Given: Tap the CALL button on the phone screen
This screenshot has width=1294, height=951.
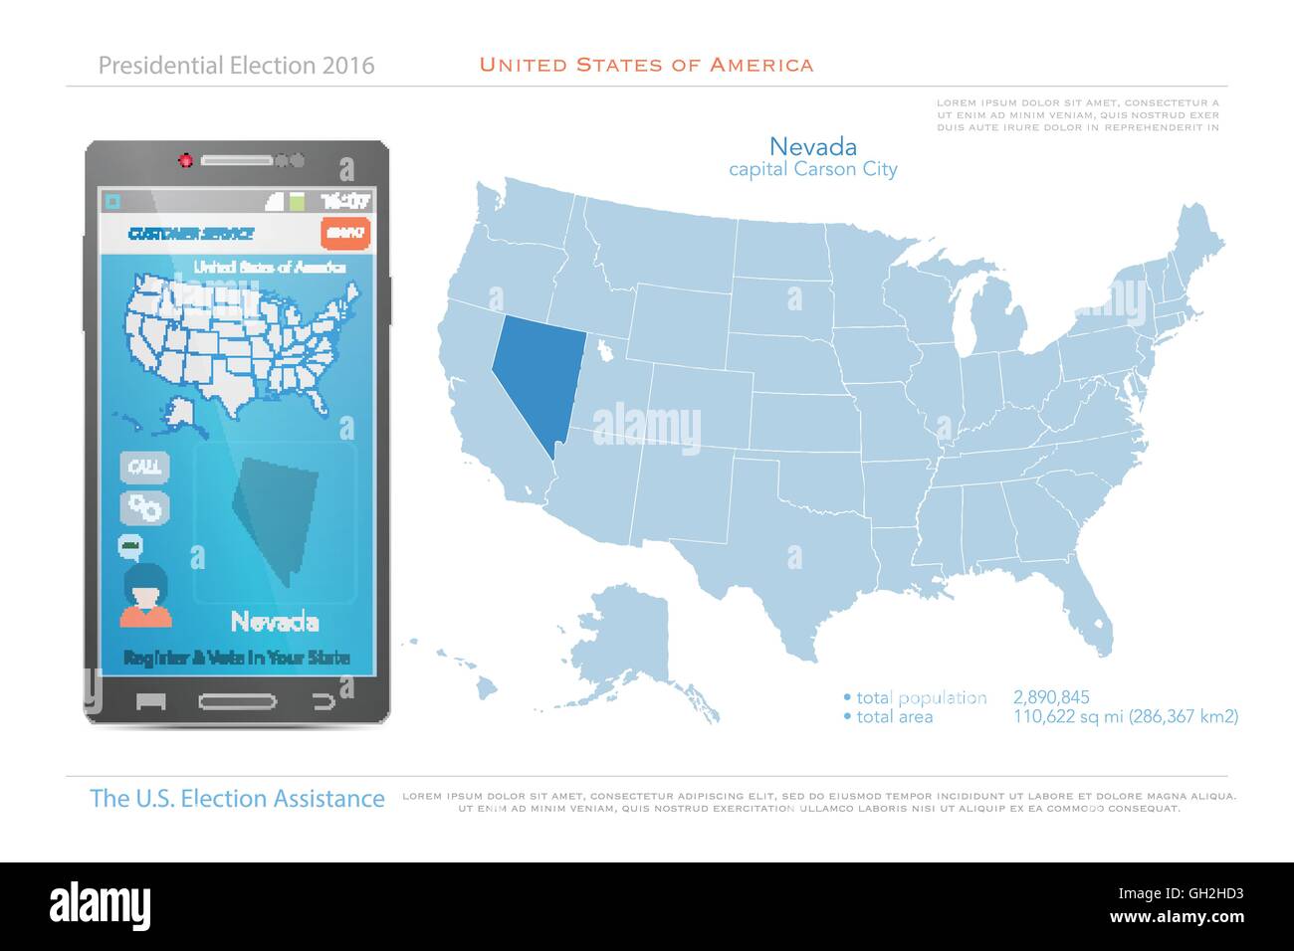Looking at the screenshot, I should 145,467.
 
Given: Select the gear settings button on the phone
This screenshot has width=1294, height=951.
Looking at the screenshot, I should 145,507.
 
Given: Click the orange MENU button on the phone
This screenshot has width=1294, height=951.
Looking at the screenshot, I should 345,233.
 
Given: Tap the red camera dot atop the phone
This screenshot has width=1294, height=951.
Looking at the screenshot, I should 184,160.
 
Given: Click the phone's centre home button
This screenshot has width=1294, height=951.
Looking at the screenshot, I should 237,701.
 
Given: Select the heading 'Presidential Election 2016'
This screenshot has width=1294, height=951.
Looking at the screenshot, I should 237,66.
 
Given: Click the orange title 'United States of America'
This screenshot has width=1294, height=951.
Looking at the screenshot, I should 646,66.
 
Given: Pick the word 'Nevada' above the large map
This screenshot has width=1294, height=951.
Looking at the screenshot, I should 813,147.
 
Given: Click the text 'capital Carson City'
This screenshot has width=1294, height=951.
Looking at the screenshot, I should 813,169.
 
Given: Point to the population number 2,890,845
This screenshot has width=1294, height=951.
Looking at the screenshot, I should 1051,697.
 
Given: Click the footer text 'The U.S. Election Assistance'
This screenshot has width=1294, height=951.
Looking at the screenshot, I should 237,798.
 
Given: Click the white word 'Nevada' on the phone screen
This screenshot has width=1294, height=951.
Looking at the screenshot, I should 275,623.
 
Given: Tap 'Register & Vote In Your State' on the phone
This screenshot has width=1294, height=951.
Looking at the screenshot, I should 237,658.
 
